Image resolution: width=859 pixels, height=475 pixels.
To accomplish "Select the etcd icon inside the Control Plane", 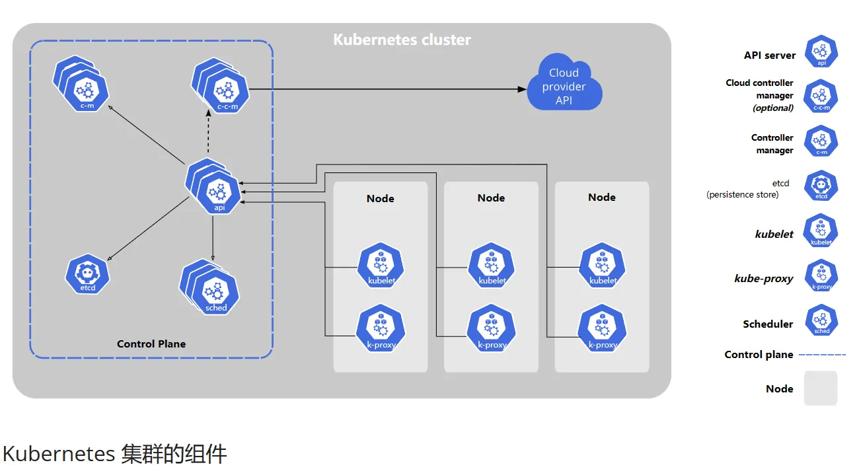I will tap(87, 274).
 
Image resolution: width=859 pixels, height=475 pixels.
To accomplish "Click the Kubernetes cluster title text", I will tap(402, 40).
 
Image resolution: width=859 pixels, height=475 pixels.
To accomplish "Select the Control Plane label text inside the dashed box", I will tap(151, 344).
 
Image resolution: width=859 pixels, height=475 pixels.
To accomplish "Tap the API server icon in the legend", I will tap(821, 52).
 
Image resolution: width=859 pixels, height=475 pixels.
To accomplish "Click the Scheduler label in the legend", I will tap(768, 324).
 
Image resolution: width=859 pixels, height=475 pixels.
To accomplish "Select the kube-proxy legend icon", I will tap(821, 275).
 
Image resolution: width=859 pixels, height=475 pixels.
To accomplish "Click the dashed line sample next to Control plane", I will tap(822, 355).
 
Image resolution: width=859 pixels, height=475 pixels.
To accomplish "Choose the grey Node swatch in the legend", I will tap(821, 388).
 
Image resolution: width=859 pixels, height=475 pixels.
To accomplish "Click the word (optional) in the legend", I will tap(773, 108).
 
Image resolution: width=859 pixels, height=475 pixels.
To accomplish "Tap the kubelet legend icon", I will tap(821, 231).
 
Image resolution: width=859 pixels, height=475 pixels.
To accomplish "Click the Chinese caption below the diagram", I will tap(115, 454).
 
